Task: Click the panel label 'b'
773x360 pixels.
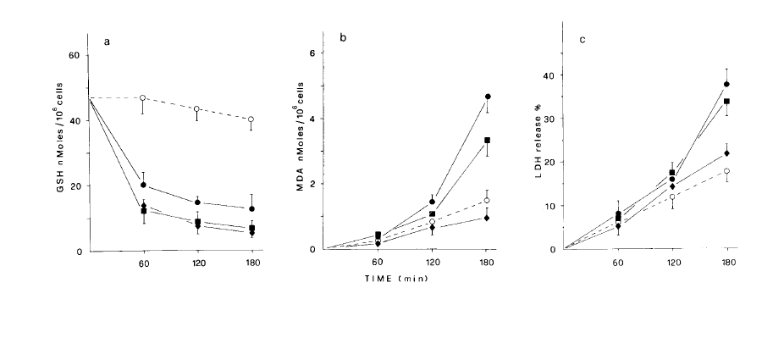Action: click(351, 40)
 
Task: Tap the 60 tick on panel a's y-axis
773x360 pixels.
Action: click(74, 55)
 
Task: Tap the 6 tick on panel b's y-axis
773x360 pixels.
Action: click(312, 53)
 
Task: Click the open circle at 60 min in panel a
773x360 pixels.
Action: click(143, 98)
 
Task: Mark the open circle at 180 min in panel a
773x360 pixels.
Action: click(251, 119)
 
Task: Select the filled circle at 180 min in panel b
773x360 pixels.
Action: click(489, 97)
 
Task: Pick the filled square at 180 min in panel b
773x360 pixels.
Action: click(489, 141)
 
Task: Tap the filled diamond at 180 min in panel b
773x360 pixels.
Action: click(489, 218)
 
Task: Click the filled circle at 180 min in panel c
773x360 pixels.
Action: click(727, 84)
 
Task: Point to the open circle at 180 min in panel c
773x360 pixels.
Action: click(727, 171)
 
